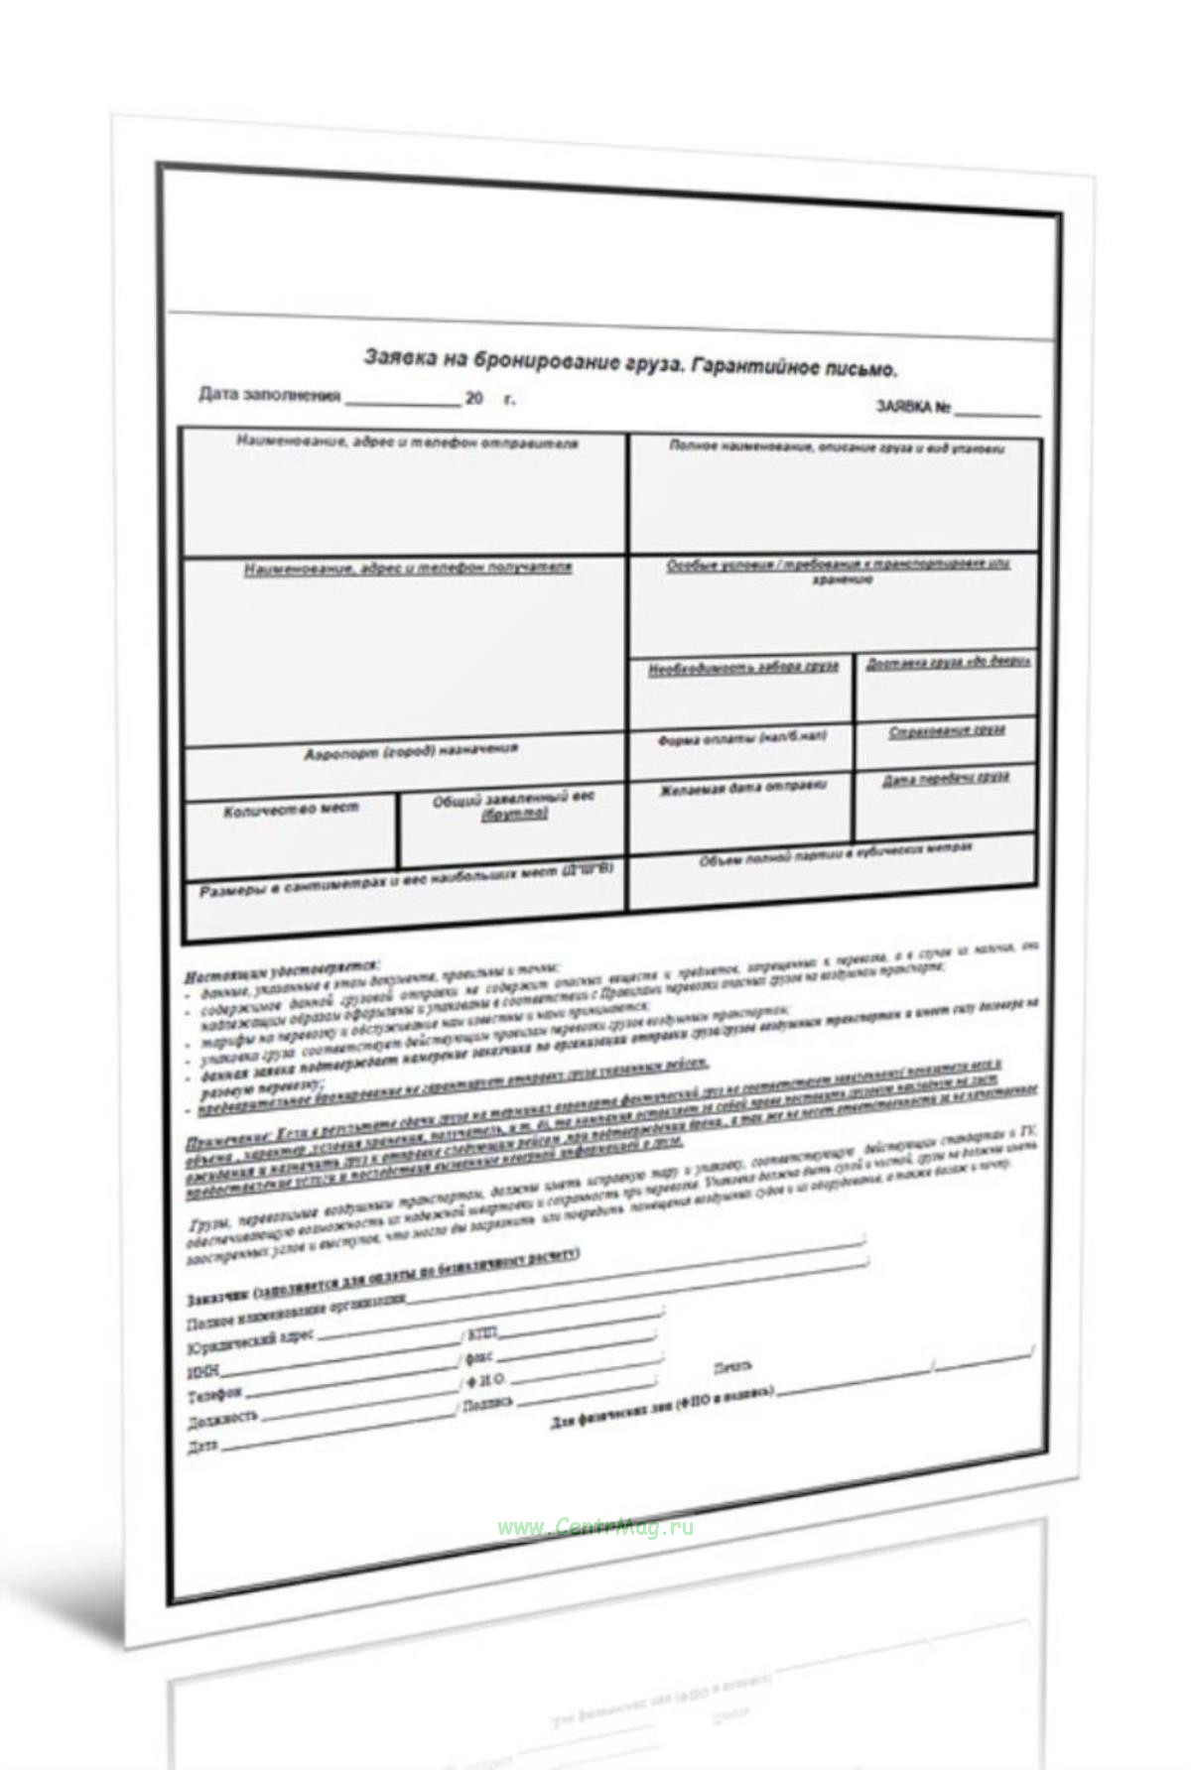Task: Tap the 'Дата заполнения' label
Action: (270, 396)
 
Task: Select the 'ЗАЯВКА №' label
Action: (913, 407)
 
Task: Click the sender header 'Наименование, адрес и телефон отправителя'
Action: (407, 442)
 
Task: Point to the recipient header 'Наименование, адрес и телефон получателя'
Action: (408, 569)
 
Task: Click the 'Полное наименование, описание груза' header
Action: (836, 447)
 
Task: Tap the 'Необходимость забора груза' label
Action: (743, 668)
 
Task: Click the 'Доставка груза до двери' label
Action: (948, 663)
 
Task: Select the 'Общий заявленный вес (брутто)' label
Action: (513, 806)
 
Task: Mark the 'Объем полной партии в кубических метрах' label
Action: (836, 854)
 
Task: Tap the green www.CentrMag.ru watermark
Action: (595, 1527)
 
